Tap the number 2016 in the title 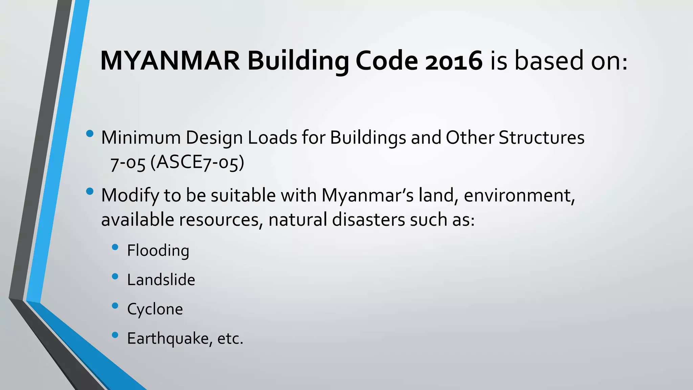click(453, 61)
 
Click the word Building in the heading click(298, 62)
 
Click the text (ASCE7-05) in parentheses click(197, 163)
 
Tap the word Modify click(130, 196)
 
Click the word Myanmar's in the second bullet click(367, 196)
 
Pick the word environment click(519, 196)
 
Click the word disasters click(368, 220)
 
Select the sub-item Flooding click(158, 251)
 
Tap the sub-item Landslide click(161, 280)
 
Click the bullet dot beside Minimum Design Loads click(90, 134)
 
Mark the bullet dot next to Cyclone click(115, 306)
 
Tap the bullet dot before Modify click(90, 192)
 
